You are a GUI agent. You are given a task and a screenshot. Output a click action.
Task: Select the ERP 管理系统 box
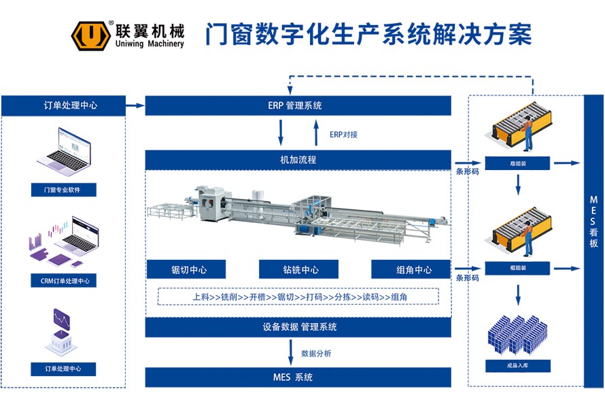click(298, 105)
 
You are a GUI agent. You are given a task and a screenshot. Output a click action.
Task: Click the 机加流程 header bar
click(298, 160)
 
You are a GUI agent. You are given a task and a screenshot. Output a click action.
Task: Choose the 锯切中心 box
click(188, 269)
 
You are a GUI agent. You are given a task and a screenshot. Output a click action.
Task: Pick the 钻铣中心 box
click(300, 269)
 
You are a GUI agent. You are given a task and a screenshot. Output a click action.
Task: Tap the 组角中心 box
click(411, 269)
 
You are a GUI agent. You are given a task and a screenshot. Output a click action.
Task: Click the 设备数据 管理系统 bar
click(298, 327)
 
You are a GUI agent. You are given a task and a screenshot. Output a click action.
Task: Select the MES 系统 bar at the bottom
click(298, 377)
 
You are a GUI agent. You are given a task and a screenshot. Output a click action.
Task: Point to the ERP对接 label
click(343, 134)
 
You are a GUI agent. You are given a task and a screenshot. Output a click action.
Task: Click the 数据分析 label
click(316, 354)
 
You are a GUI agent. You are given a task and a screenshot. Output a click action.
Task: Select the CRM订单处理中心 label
click(65, 280)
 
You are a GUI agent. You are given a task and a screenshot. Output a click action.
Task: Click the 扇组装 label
click(518, 163)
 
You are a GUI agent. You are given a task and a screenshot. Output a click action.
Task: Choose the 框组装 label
click(518, 268)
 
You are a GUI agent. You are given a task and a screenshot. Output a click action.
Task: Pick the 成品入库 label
click(518, 366)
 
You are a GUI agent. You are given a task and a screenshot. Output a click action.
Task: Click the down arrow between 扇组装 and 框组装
click(519, 182)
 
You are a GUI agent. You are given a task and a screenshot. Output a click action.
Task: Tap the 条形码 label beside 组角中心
click(467, 278)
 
